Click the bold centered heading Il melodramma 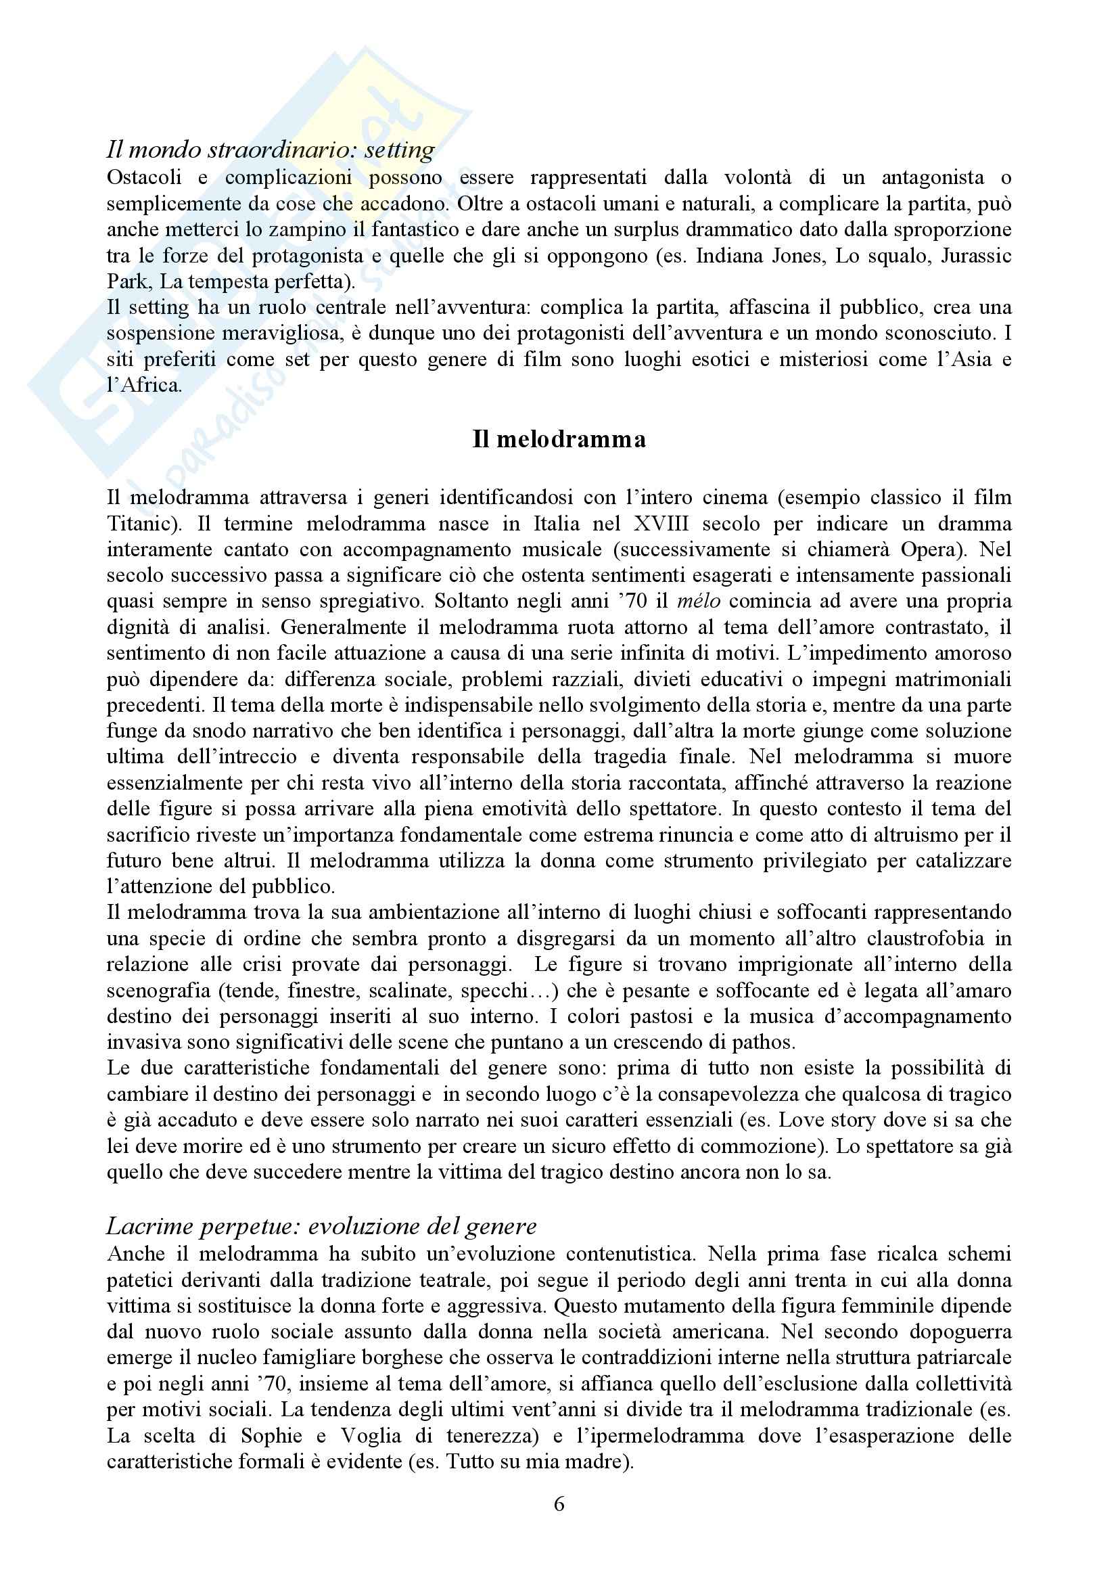click(559, 440)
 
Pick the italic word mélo click(699, 602)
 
